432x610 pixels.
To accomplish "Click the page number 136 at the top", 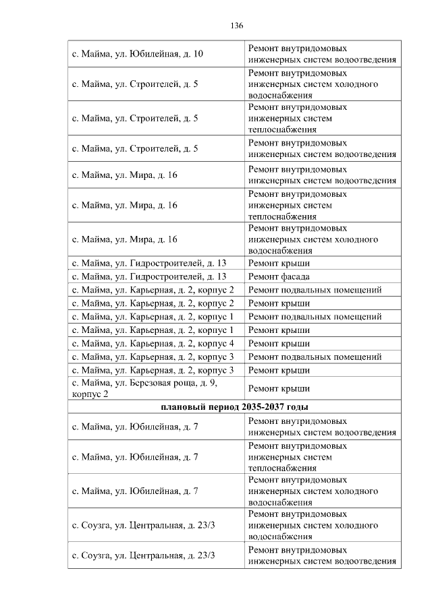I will click(236, 26).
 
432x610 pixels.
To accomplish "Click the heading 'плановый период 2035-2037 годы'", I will click(235, 406).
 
